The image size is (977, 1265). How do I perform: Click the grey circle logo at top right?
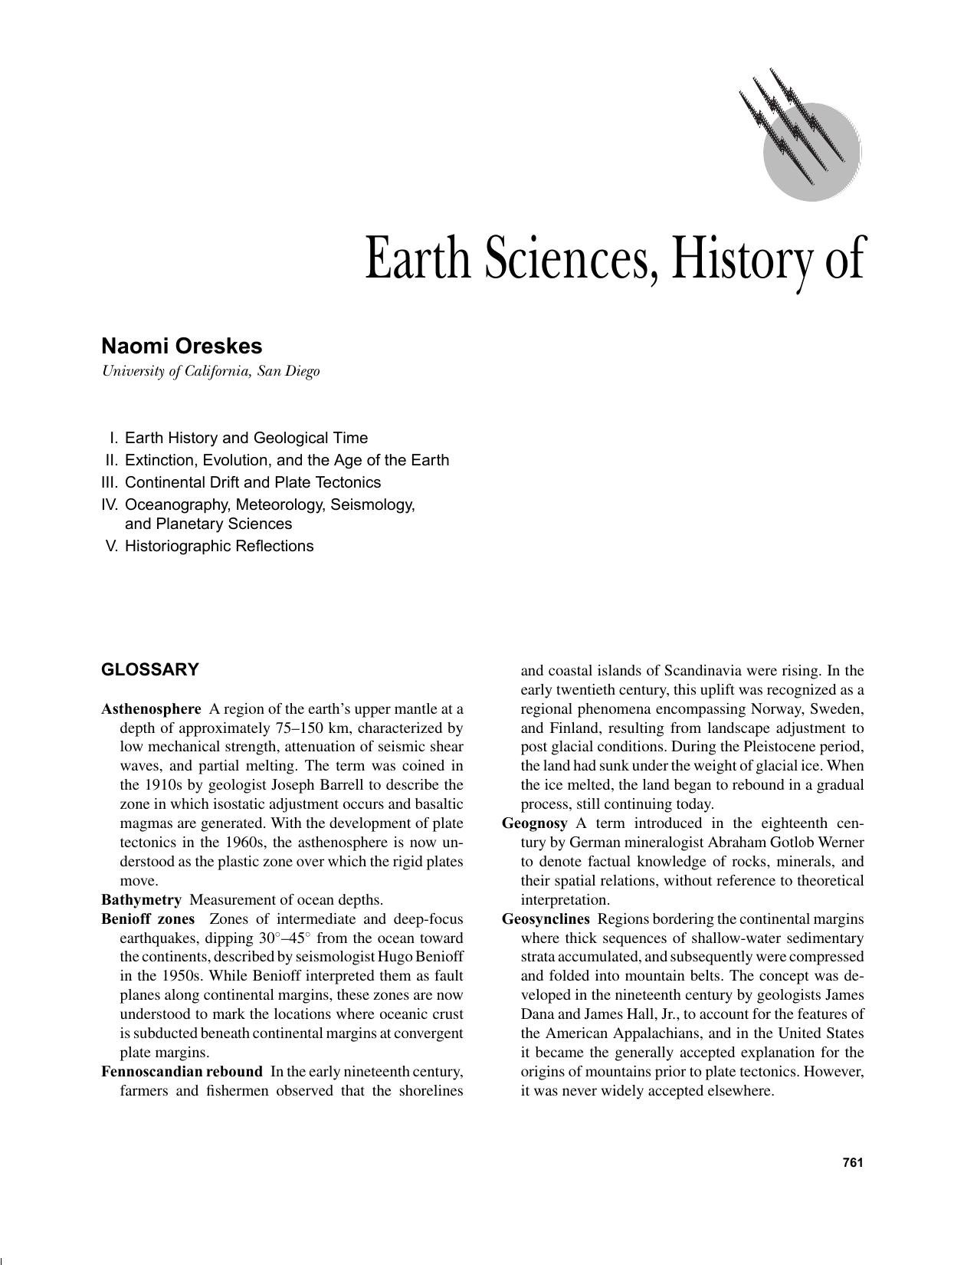tap(811, 151)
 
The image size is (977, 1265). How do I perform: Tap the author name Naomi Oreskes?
tap(182, 347)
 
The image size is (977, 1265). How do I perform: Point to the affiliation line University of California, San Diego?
tap(211, 372)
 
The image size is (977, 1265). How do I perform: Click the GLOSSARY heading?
tap(150, 669)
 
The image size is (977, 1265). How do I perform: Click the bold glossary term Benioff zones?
tap(148, 919)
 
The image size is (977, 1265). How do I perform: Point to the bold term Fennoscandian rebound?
tap(182, 1072)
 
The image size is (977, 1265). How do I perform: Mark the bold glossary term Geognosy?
tap(535, 823)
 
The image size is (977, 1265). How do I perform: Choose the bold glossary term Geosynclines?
tap(546, 919)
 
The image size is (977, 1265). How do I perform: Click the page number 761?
tap(853, 1162)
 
